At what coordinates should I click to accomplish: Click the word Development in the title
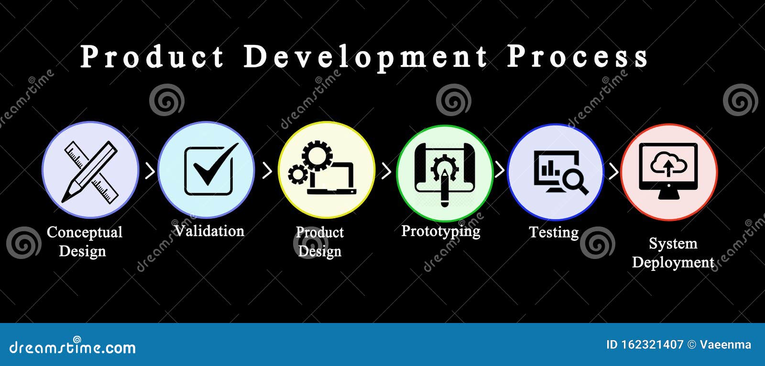(365, 57)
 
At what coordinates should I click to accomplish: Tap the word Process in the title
(577, 57)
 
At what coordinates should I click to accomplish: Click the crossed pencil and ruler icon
(90, 171)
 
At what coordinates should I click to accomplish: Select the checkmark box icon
(209, 170)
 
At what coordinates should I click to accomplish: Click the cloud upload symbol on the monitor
(668, 165)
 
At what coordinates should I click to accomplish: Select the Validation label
(209, 231)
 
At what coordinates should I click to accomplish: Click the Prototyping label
(440, 231)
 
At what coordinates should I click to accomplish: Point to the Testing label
(553, 233)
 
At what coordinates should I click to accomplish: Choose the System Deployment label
(673, 253)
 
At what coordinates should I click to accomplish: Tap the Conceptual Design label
(84, 242)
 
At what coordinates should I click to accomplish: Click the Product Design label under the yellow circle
(319, 242)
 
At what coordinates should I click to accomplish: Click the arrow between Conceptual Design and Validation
(150, 171)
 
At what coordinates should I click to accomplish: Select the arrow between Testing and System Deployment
(613, 171)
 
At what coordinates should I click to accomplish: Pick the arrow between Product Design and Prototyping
(386, 171)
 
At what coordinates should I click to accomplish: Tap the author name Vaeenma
(725, 344)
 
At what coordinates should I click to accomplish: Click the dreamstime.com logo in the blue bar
(73, 346)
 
